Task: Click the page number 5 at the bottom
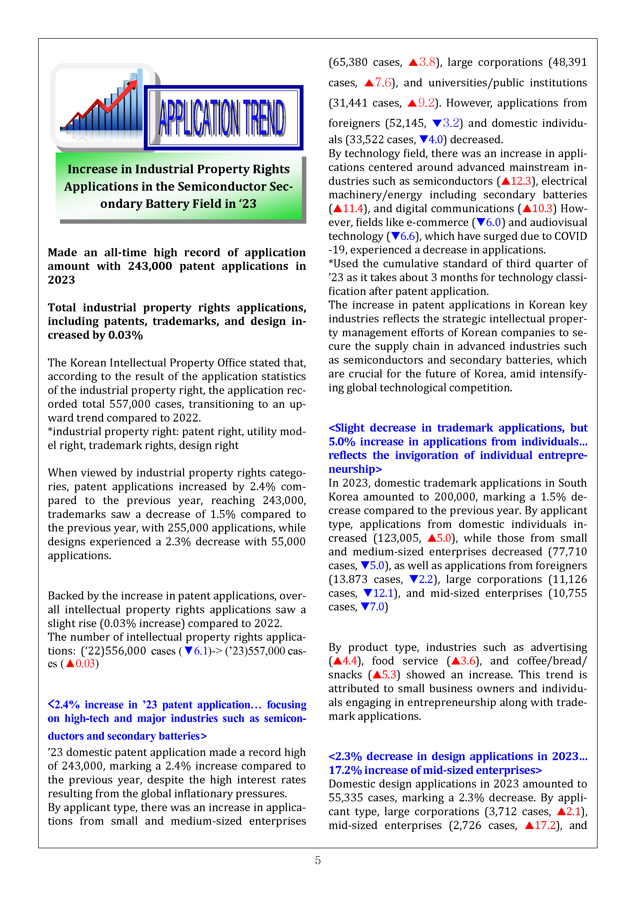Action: point(318,860)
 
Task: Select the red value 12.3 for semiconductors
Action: point(521,181)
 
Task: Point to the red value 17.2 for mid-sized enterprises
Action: point(545,825)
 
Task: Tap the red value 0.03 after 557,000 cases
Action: point(85,664)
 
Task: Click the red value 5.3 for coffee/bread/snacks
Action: point(389,675)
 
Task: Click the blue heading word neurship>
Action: point(355,469)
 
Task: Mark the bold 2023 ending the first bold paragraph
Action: point(62,280)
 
